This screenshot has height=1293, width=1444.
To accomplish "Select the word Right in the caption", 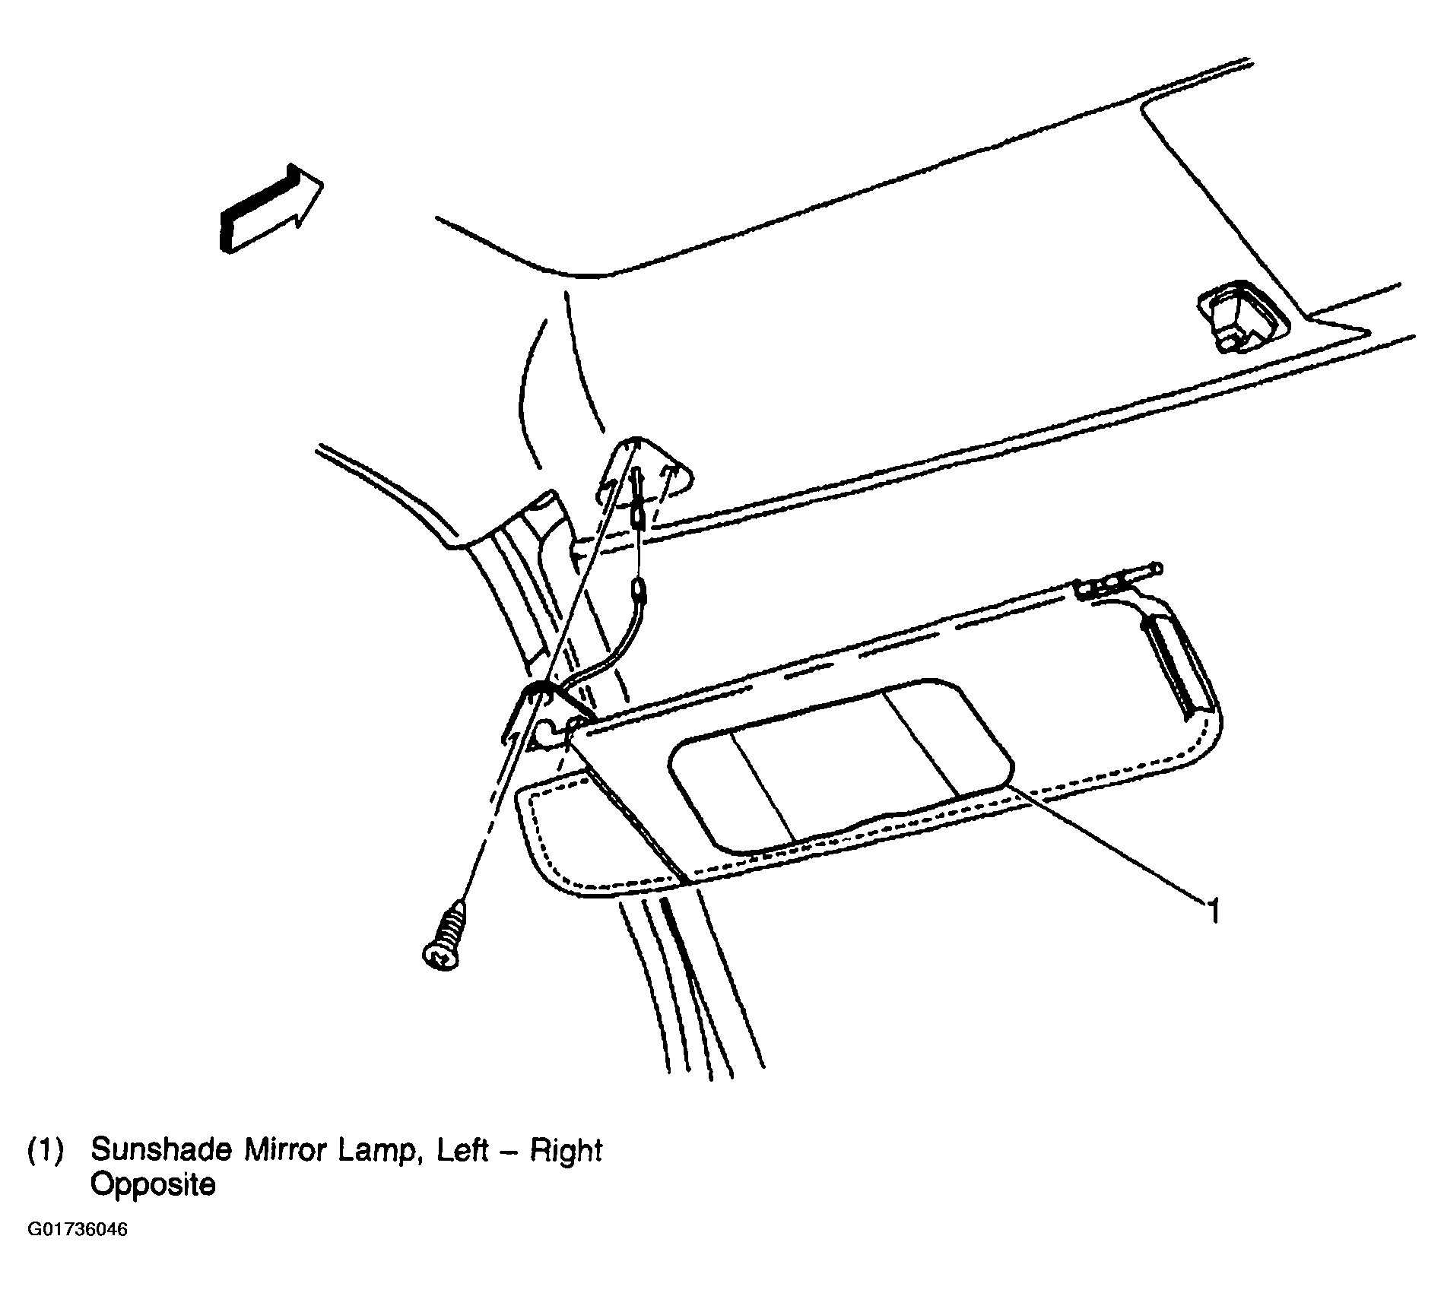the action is point(566,1152).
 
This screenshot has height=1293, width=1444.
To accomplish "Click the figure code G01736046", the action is point(78,1250).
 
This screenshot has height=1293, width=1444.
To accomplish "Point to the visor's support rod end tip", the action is point(1157,567).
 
